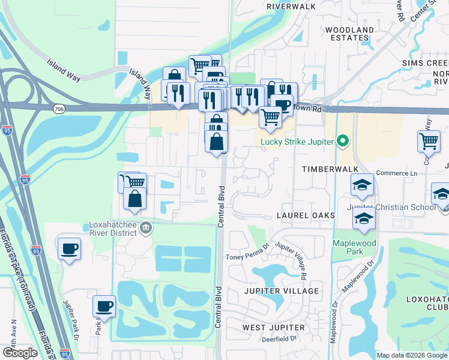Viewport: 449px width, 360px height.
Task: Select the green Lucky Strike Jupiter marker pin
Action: [343, 142]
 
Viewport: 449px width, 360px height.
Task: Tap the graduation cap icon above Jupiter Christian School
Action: [362, 187]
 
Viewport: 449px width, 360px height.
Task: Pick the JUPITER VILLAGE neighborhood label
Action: [282, 290]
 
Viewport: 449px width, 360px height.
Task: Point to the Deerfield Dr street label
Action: [280, 339]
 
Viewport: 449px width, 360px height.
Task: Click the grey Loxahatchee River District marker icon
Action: [146, 226]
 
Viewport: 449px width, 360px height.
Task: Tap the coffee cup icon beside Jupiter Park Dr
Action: [104, 307]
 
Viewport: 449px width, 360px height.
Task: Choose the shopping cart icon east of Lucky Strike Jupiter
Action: [429, 142]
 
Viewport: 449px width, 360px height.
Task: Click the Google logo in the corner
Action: [20, 353]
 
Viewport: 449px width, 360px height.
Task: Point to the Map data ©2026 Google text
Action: [412, 355]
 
